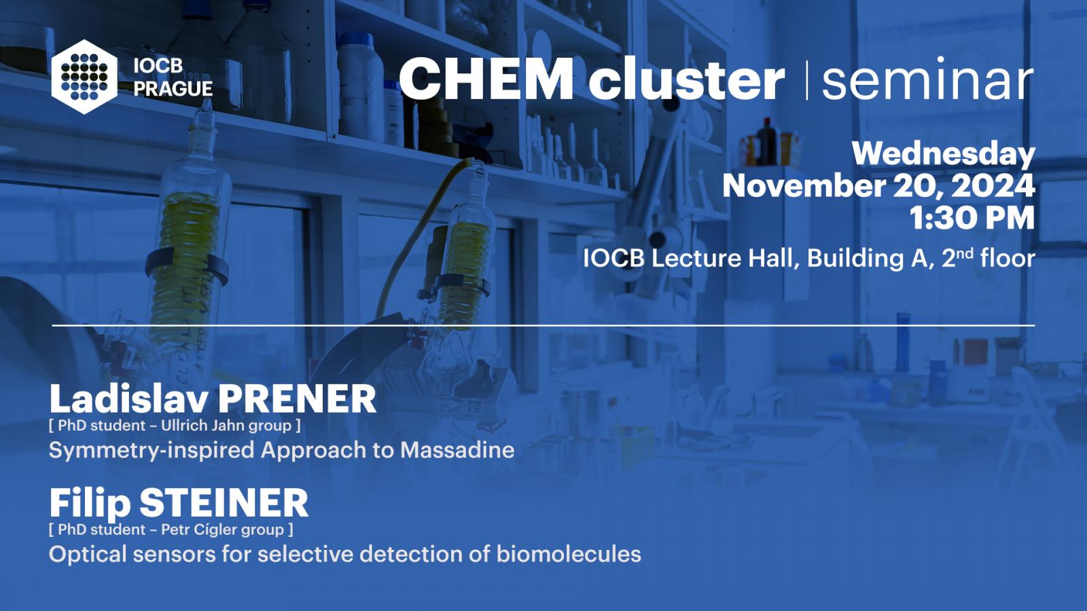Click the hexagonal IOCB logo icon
click(x=84, y=77)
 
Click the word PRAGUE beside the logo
click(x=173, y=89)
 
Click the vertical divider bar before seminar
click(x=807, y=81)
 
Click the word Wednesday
click(x=944, y=155)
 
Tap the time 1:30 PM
click(x=972, y=218)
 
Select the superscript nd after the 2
click(x=965, y=253)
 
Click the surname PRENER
click(x=296, y=399)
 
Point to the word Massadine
click(x=457, y=450)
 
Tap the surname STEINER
click(x=224, y=503)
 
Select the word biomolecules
click(x=569, y=554)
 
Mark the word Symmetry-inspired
click(x=152, y=451)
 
